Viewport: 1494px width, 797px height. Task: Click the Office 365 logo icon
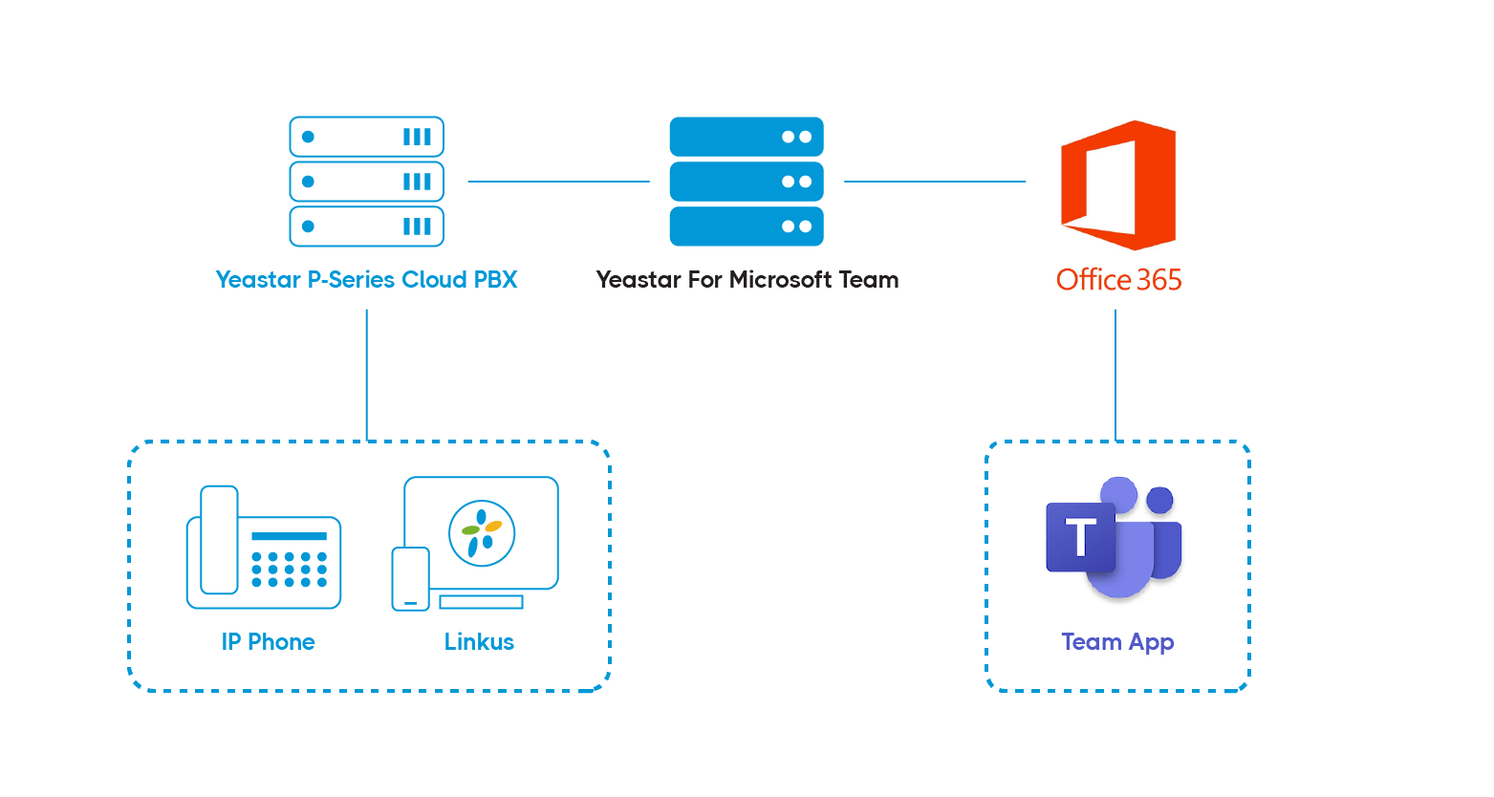[1117, 184]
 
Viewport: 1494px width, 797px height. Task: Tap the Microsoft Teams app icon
[1114, 538]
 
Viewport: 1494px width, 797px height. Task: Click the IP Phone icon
[264, 547]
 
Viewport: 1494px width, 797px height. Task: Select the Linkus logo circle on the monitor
[482, 533]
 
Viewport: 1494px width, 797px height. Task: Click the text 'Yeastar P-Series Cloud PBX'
[366, 279]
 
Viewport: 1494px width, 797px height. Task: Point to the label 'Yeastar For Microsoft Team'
[747, 279]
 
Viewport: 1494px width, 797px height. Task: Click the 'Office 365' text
[1118, 279]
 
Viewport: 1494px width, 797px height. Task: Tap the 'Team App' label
[1117, 642]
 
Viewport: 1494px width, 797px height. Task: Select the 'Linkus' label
[479, 641]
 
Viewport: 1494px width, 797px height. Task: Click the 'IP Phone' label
[269, 641]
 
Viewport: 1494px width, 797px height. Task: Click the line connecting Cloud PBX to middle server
[558, 181]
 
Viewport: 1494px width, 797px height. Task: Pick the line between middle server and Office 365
[935, 181]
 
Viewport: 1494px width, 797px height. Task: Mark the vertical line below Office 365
[1115, 375]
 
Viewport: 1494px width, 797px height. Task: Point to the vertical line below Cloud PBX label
[367, 375]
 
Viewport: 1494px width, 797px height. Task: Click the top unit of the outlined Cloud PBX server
[366, 137]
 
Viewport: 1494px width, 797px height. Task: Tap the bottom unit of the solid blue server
[747, 226]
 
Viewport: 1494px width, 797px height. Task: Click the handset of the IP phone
[220, 540]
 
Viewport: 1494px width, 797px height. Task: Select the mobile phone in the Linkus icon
[410, 579]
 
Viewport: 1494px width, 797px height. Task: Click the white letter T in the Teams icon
[1080, 537]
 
